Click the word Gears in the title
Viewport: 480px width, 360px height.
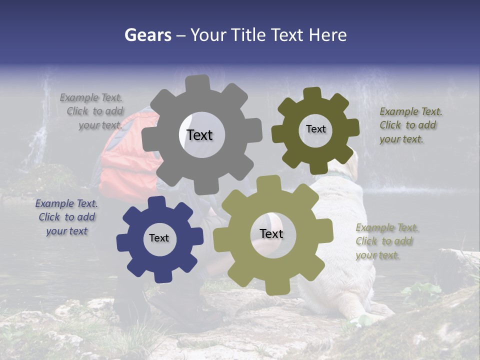pos(147,35)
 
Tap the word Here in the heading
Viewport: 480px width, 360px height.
pos(327,35)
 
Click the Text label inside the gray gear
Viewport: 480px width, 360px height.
pos(199,135)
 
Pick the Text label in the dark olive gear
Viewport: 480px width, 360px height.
pos(315,129)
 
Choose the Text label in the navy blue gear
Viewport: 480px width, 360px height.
pos(159,238)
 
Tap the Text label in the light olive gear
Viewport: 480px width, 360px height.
pos(271,233)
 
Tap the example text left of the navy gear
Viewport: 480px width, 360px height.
pos(66,217)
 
